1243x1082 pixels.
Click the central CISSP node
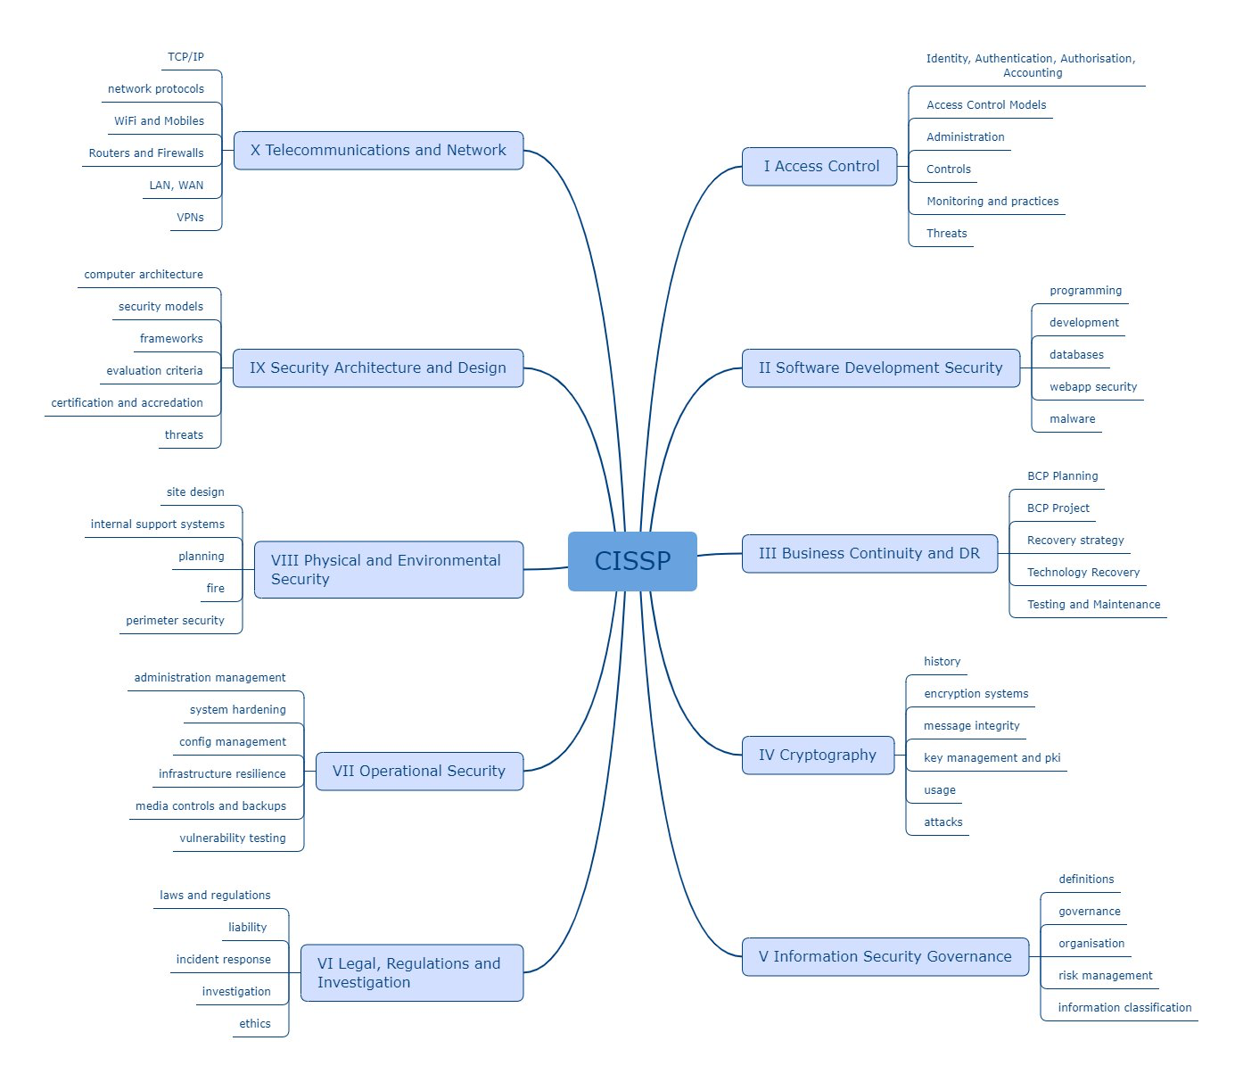632,561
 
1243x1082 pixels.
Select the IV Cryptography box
818,756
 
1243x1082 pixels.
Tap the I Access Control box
819,167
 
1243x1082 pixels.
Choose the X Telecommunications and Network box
378,150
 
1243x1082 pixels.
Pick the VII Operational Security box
419,771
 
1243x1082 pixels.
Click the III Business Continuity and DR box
869,553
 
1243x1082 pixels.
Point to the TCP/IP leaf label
185,57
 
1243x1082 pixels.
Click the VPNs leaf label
190,218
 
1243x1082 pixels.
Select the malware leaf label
1073,418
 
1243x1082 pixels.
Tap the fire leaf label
215,588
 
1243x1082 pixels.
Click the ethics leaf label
254,1023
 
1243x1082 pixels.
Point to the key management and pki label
992,757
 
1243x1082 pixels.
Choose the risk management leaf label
1105,975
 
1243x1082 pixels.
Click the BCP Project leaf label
1058,508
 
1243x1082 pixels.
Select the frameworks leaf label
171,338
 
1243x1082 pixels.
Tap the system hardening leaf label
237,709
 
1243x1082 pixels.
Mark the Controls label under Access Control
949,169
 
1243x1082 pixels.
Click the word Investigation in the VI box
363,982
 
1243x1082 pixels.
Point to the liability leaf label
247,927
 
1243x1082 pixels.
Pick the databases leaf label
1076,355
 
